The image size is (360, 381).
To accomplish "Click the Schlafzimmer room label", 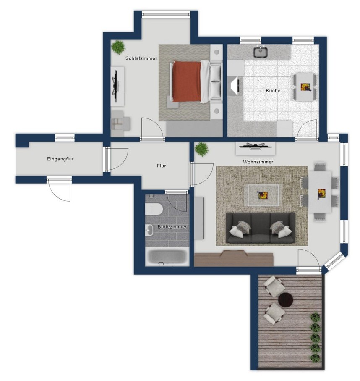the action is point(141,58).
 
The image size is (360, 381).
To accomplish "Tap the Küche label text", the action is point(273,91).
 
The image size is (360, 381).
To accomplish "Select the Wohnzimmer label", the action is point(258,162).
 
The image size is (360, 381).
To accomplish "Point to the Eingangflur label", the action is point(60,159).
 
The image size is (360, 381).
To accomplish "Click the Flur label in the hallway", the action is point(162,166).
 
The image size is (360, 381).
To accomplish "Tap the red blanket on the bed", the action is point(187,81).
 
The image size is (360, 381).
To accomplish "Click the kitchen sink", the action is point(261,52).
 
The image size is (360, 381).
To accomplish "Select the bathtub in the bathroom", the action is point(167,258).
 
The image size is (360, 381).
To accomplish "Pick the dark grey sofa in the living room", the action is point(261,228).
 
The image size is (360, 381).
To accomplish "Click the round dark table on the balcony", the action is point(286,300).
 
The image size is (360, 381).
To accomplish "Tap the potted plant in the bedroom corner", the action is point(118,47).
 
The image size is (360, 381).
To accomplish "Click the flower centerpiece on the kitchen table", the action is point(305,87).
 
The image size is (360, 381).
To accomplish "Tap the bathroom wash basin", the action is point(149,230).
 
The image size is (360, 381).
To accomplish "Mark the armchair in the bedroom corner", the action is point(120,123).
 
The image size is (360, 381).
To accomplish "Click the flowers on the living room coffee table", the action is point(263,195).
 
